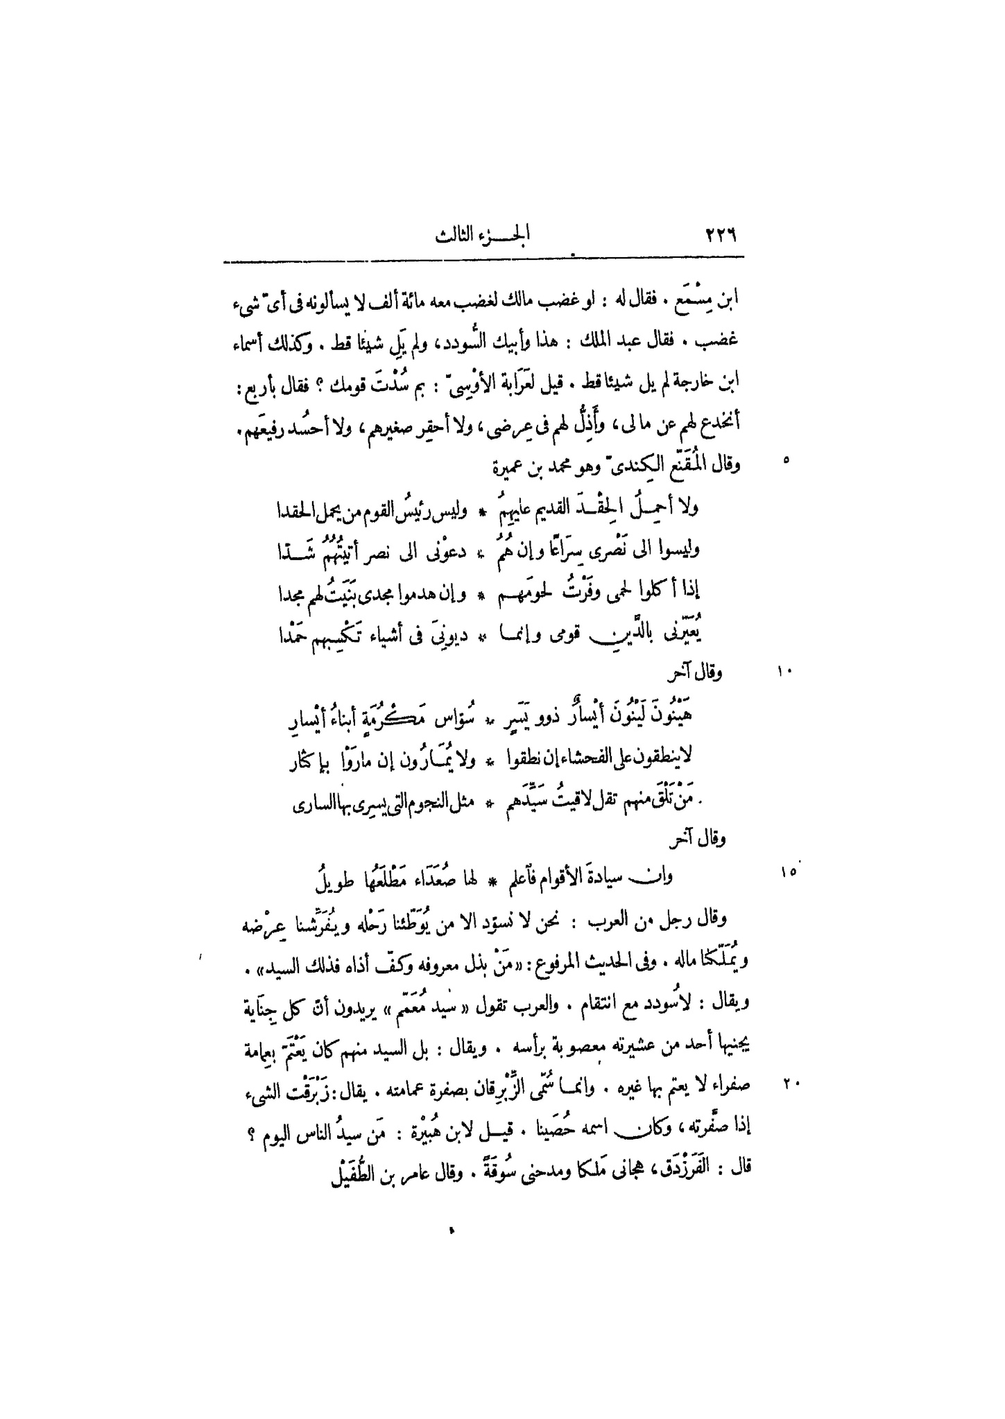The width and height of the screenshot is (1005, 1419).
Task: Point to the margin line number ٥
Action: [x=786, y=459]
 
